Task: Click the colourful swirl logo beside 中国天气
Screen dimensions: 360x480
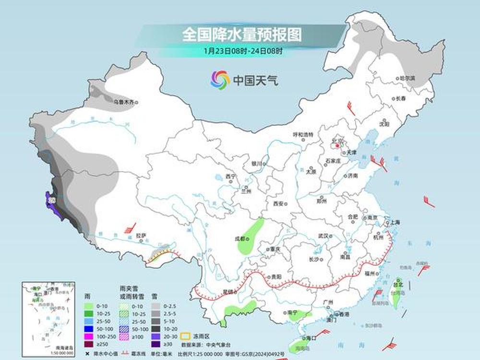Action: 220,79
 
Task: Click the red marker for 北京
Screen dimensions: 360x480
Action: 337,145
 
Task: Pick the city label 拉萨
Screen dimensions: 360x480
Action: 140,235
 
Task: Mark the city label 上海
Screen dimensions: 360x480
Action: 396,222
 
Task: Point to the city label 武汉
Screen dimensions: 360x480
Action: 323,236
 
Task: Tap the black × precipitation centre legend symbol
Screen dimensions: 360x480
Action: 87,354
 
